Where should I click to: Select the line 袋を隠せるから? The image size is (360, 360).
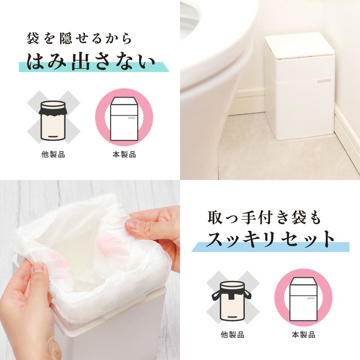coord(79,38)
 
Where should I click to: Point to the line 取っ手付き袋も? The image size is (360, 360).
coord(264,217)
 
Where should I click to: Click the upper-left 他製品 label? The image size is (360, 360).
coord(53,154)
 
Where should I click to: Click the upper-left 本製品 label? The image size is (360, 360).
coord(124,154)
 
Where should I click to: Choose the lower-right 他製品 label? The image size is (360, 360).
coord(232,334)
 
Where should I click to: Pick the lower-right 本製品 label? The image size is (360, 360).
coord(303,334)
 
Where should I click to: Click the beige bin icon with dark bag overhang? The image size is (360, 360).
coord(53,121)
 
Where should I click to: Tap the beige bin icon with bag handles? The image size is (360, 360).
coord(232,301)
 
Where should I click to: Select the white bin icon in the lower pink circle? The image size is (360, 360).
coord(303,299)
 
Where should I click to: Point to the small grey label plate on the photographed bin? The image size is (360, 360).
coord(324,81)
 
